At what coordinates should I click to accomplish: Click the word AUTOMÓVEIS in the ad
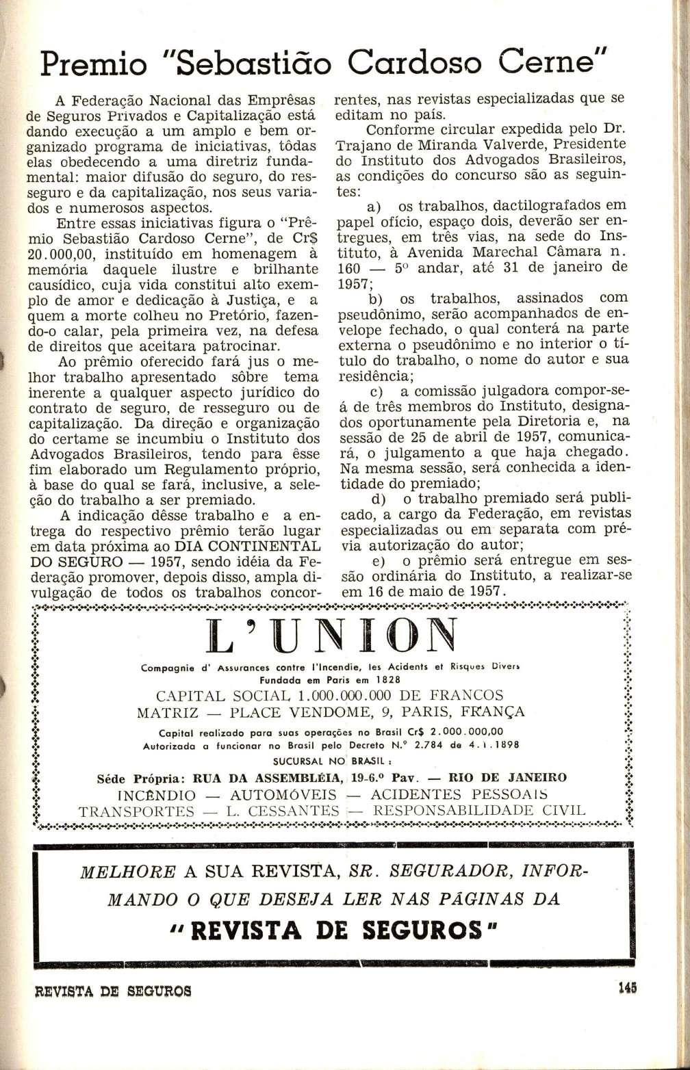pyautogui.click(x=283, y=796)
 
